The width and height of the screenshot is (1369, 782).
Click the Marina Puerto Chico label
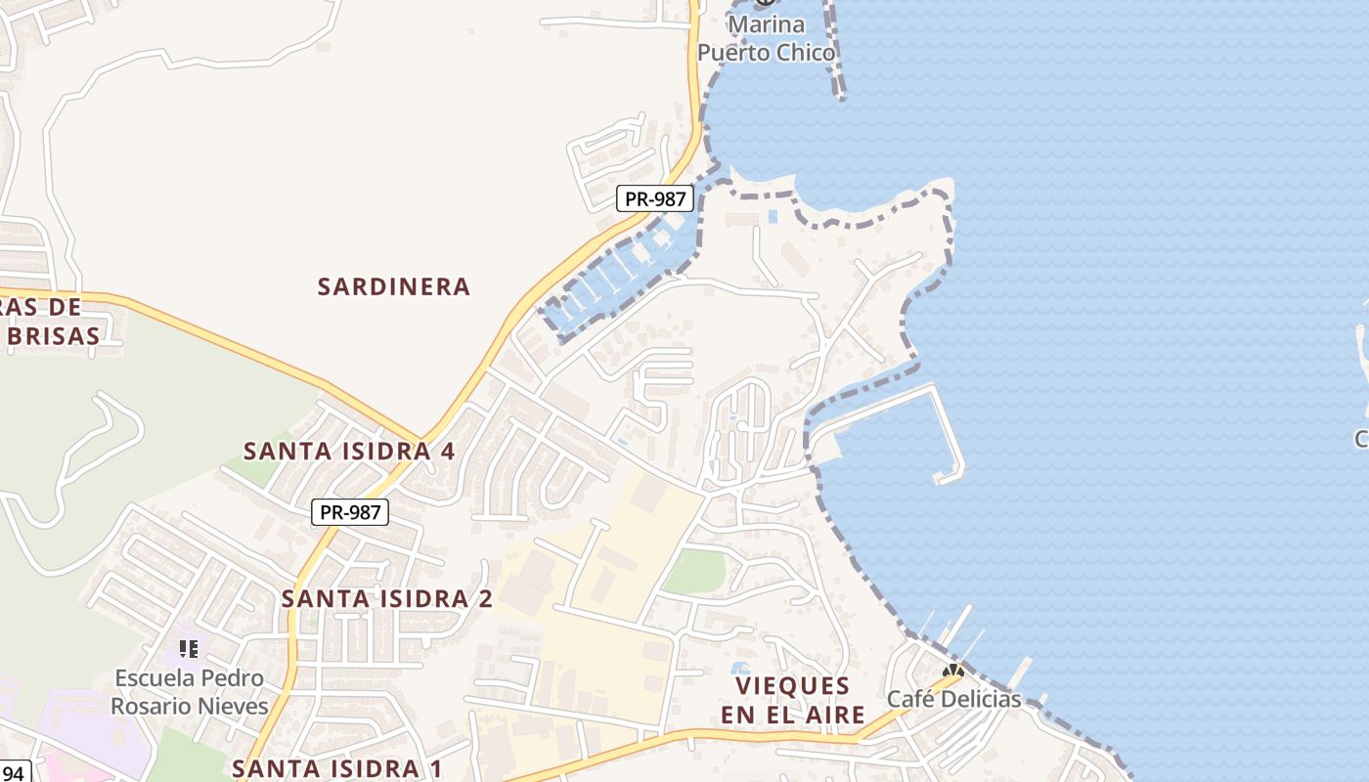(767, 38)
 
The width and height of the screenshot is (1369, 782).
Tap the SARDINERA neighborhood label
(394, 286)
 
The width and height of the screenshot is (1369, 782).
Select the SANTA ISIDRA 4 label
(349, 451)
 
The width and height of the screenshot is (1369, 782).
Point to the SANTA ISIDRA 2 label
(387, 598)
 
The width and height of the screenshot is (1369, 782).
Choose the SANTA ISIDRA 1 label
(337, 768)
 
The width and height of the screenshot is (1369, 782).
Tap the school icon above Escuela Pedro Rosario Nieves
(189, 648)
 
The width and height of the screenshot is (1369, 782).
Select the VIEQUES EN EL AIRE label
(793, 699)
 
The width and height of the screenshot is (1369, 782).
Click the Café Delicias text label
(953, 699)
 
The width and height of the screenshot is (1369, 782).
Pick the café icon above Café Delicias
(952, 672)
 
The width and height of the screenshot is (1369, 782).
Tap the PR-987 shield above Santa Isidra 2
(350, 511)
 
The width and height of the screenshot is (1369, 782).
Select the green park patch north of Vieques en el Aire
(695, 572)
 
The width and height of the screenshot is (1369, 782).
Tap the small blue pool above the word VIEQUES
(740, 670)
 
